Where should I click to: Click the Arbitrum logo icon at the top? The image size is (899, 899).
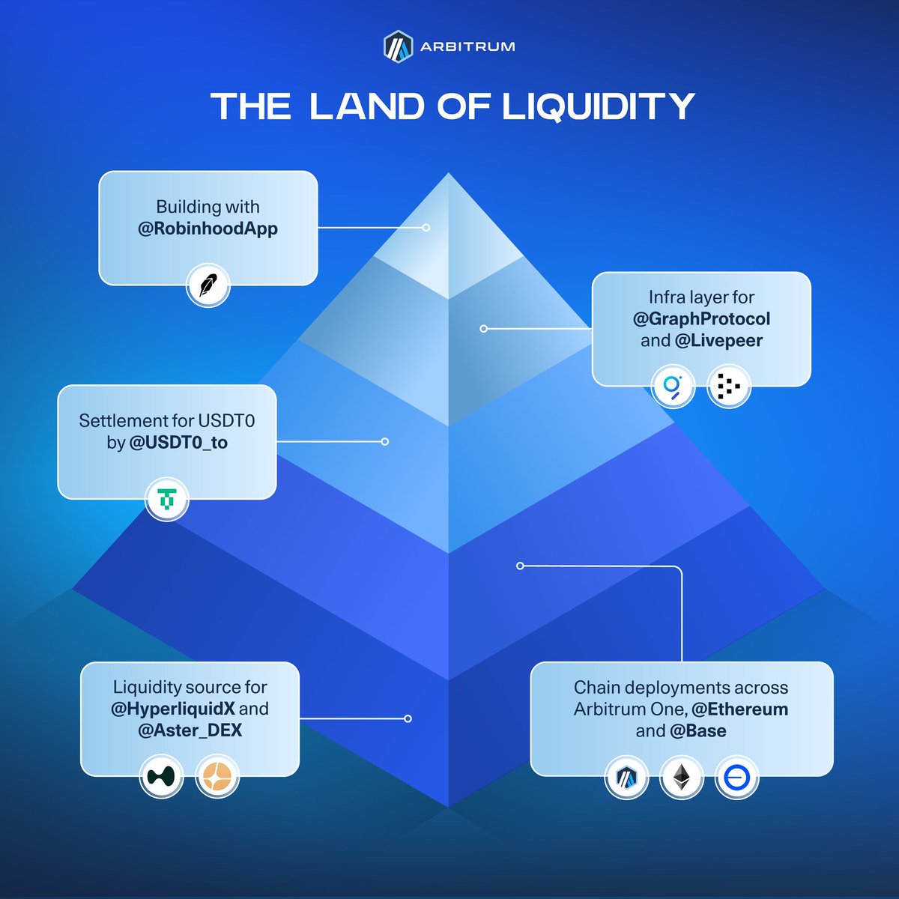[x=398, y=46]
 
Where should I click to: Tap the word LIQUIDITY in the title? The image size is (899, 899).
[x=598, y=106]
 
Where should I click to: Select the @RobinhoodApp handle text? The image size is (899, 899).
[x=208, y=228]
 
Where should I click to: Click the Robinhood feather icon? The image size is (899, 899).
[x=208, y=285]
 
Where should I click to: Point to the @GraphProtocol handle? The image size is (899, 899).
[x=701, y=319]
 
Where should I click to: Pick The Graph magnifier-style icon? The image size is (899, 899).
[x=672, y=386]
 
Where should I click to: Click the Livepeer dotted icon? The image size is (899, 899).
[x=728, y=386]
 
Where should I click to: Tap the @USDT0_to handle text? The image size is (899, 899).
[x=178, y=443]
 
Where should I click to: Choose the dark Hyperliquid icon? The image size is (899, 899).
[x=161, y=776]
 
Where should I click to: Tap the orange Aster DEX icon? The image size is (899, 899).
[x=217, y=776]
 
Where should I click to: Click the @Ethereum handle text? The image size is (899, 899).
[x=739, y=709]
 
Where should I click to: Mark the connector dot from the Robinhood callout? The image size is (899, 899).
[x=426, y=227]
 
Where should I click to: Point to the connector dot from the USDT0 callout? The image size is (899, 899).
[x=385, y=442]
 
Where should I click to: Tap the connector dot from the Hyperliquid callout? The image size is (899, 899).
[x=408, y=718]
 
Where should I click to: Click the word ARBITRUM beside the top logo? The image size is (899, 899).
[x=467, y=46]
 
